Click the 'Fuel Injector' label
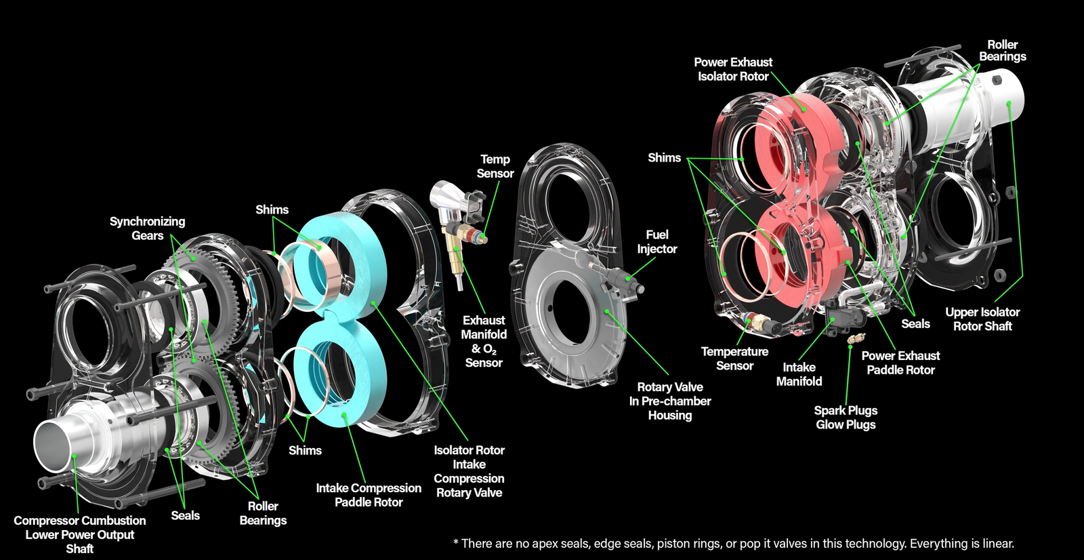[656, 241]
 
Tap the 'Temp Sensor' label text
[495, 166]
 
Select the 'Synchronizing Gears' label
[147, 228]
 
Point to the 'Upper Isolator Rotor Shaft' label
[982, 319]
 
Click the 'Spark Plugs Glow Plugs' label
[845, 418]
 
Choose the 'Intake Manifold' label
[799, 374]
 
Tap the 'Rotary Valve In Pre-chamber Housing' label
[669, 401]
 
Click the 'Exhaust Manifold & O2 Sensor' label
[483, 341]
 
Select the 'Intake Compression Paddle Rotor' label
[369, 495]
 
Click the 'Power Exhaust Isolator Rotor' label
[733, 69]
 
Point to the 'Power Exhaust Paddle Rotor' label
[900, 363]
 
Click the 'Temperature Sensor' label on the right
[734, 359]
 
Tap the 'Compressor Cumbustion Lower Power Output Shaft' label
[79, 534]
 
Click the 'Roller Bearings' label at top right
[1002, 51]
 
